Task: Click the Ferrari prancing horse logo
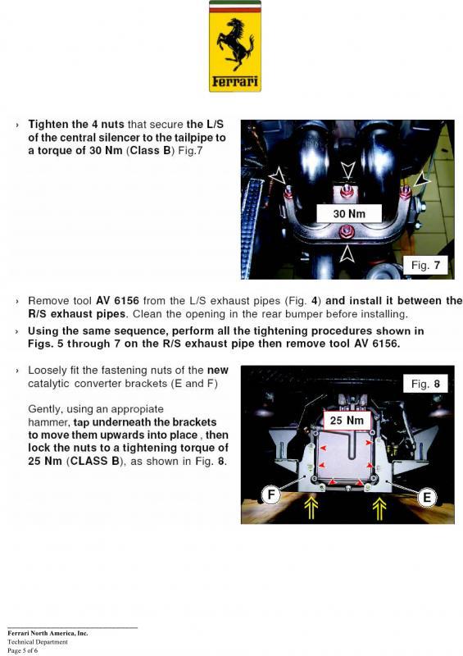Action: click(235, 46)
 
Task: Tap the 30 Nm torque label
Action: click(349, 214)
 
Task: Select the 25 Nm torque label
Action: click(347, 421)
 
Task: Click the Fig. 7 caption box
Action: click(425, 265)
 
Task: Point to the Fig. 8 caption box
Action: click(425, 384)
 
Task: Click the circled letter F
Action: click(271, 495)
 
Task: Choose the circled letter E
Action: click(427, 498)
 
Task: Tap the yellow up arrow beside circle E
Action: click(379, 508)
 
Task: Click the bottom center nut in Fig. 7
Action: click(347, 231)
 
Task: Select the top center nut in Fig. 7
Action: click(346, 191)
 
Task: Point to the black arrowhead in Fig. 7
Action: click(422, 180)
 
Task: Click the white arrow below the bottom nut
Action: click(347, 253)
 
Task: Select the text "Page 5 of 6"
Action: click(23, 650)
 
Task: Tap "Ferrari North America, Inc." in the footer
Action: click(48, 633)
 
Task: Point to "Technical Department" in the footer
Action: click(37, 642)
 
